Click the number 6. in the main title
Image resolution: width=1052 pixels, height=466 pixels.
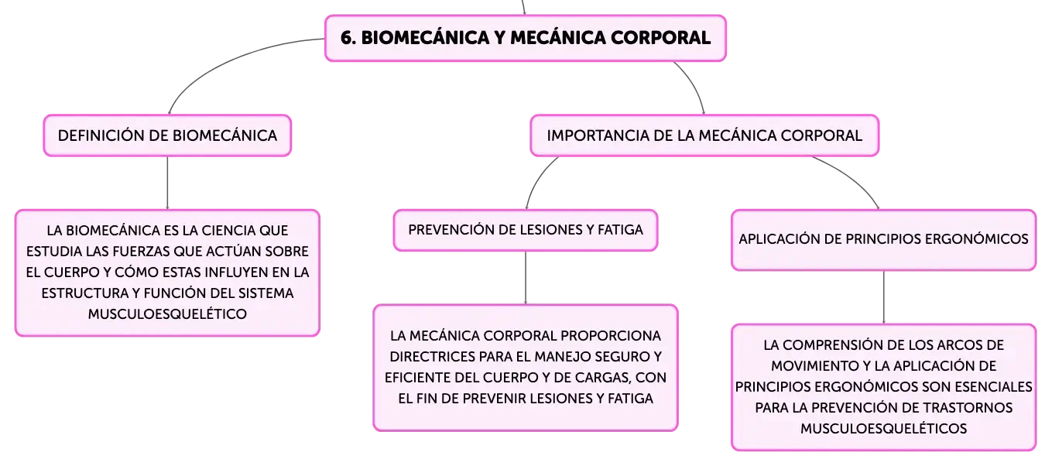point(348,38)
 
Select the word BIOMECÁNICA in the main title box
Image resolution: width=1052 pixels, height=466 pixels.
point(425,38)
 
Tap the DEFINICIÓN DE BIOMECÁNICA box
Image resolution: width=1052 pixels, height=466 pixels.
point(167,135)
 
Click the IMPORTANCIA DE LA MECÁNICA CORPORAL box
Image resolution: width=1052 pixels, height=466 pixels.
point(704,135)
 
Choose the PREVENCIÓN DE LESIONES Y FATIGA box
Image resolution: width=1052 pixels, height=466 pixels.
point(526,230)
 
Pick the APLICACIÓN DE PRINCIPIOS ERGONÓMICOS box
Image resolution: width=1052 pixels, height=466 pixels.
point(883,239)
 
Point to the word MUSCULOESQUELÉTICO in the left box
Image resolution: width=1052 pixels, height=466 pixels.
point(167,314)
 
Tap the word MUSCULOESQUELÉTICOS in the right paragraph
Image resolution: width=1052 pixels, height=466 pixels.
point(883,428)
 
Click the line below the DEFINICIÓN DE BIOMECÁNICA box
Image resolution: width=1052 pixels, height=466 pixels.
point(167,183)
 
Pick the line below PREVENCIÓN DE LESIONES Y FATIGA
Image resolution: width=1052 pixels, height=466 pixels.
point(526,278)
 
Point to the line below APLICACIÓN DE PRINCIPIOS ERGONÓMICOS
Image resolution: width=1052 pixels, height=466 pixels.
point(883,297)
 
